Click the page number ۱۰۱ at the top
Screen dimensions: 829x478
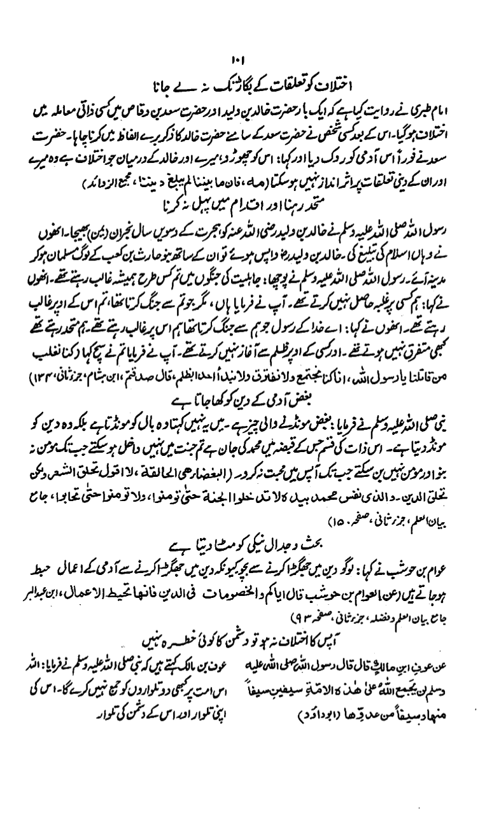click(x=239, y=62)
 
